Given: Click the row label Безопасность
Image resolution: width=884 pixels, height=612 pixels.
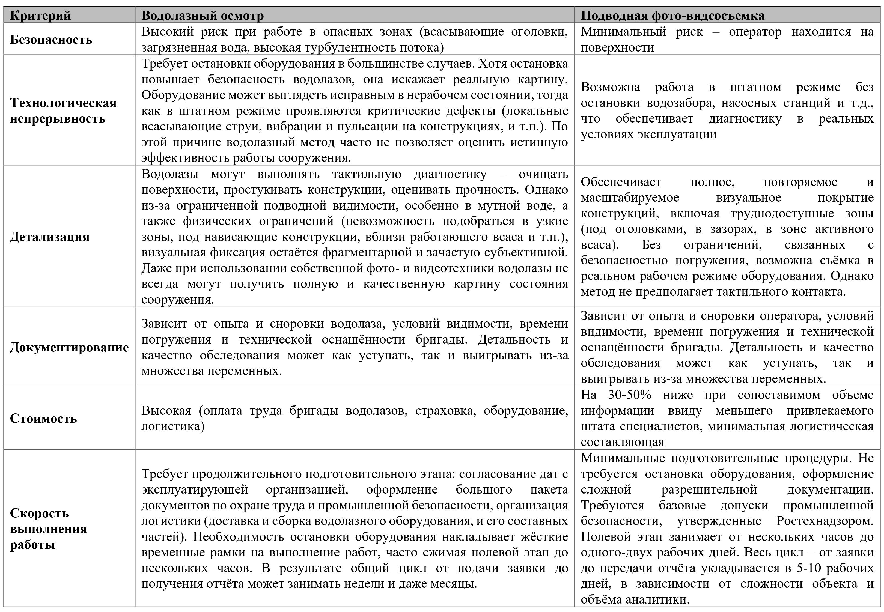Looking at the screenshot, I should (x=51, y=40).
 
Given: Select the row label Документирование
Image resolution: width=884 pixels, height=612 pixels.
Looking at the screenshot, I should (x=69, y=347).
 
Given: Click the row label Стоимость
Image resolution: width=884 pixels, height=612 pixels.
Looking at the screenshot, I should (x=43, y=418).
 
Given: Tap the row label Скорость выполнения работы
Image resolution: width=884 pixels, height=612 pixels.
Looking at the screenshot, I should (x=48, y=529).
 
